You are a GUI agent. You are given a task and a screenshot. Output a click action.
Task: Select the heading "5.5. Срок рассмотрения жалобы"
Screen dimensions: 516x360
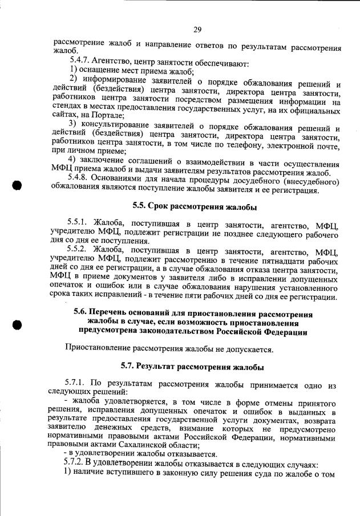point(195,206)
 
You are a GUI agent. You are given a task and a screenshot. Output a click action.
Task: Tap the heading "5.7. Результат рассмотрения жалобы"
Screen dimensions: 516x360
point(195,365)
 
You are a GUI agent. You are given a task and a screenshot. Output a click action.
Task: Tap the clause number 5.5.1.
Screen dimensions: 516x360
point(78,224)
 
